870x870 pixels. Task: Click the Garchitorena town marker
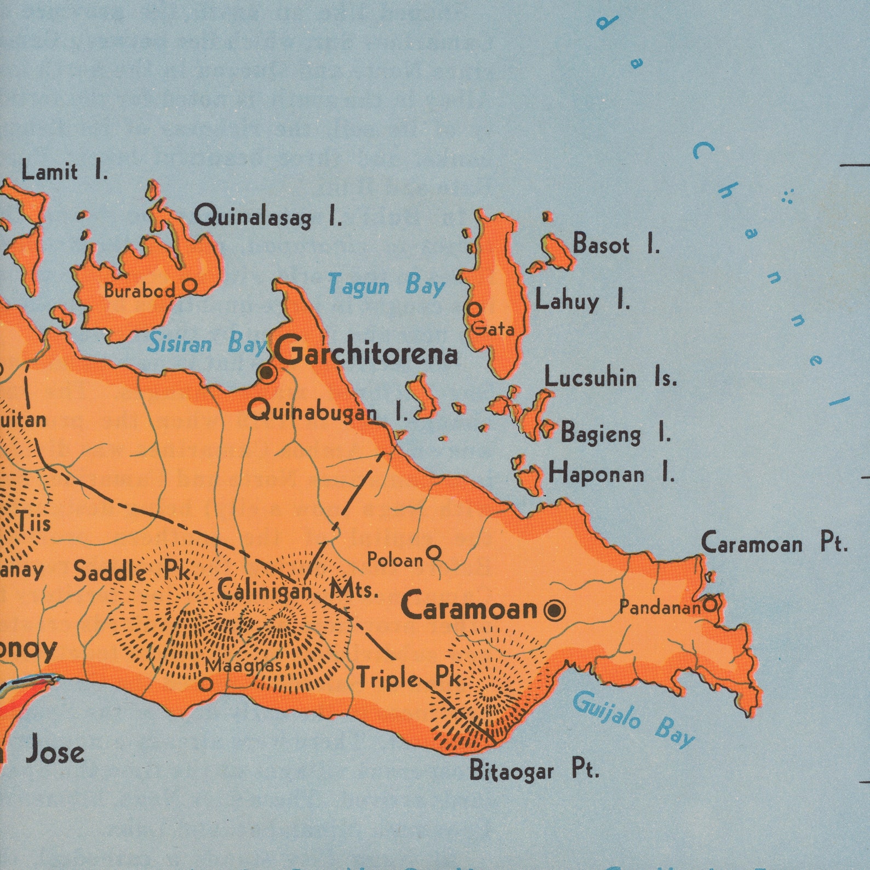(x=267, y=373)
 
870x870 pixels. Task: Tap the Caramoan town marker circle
(x=554, y=609)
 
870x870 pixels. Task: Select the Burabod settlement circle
(x=190, y=285)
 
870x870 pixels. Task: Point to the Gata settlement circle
(x=474, y=309)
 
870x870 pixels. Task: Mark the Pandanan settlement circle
(x=709, y=605)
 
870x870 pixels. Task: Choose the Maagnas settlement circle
(x=205, y=684)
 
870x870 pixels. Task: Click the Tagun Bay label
(x=386, y=285)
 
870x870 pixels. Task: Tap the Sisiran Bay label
(x=206, y=344)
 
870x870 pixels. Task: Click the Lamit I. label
(x=65, y=172)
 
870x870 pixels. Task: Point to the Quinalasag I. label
(x=268, y=217)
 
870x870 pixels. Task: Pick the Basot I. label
(x=616, y=244)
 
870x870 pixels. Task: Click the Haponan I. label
(x=611, y=473)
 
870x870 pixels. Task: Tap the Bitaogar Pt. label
(x=534, y=771)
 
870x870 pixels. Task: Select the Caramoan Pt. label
(x=774, y=544)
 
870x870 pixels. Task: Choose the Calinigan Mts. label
(x=297, y=591)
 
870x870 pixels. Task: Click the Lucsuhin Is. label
(x=610, y=378)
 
